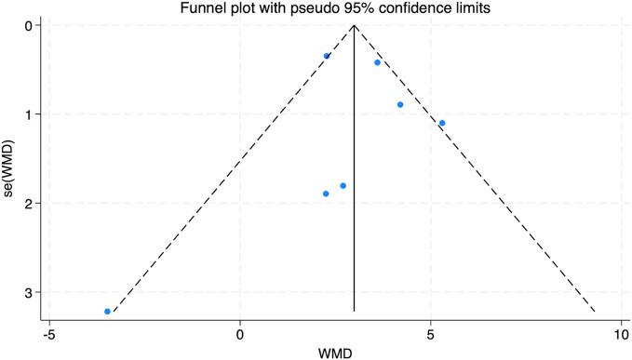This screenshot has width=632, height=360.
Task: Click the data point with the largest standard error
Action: [108, 311]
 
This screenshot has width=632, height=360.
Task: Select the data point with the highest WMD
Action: [442, 123]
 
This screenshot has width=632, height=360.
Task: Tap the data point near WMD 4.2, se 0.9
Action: [400, 104]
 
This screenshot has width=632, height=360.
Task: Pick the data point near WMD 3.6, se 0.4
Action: [377, 62]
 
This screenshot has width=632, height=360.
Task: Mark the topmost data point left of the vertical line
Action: [327, 56]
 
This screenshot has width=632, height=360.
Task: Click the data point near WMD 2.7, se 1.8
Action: [343, 186]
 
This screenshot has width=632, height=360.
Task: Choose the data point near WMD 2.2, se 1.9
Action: [326, 193]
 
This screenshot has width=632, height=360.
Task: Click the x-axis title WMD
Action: [335, 351]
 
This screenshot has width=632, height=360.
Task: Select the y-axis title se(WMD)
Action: [9, 168]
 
